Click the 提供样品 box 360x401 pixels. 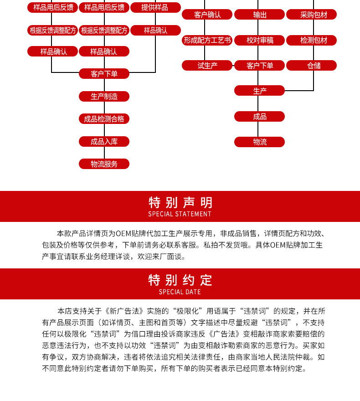tap(155, 7)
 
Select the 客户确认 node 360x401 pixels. tap(207, 15)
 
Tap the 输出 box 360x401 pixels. tap(260, 15)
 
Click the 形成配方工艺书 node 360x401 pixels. tap(207, 40)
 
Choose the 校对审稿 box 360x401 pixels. tap(260, 40)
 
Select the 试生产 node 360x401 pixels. tap(207, 66)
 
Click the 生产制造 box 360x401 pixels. tap(104, 96)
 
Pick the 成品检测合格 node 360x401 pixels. tap(104, 119)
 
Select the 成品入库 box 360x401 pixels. tap(104, 141)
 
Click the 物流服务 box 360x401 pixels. tap(104, 164)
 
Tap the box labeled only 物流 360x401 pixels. tap(260, 142)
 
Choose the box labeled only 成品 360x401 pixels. tap(260, 117)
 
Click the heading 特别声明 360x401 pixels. tap(180, 202)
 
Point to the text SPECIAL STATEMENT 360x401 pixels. tap(180, 214)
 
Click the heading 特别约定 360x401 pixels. tap(180, 280)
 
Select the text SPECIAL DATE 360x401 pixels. tap(180, 292)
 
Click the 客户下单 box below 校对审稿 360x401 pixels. tap(260, 66)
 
